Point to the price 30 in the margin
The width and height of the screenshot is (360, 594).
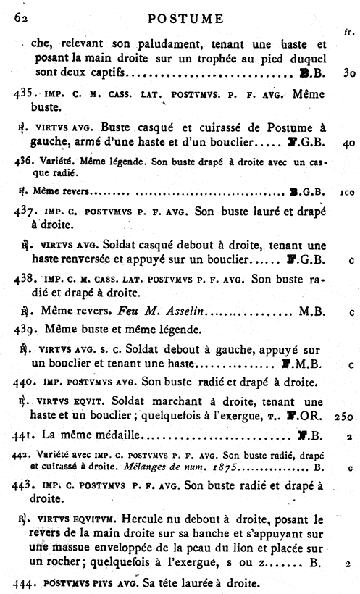(346, 73)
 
